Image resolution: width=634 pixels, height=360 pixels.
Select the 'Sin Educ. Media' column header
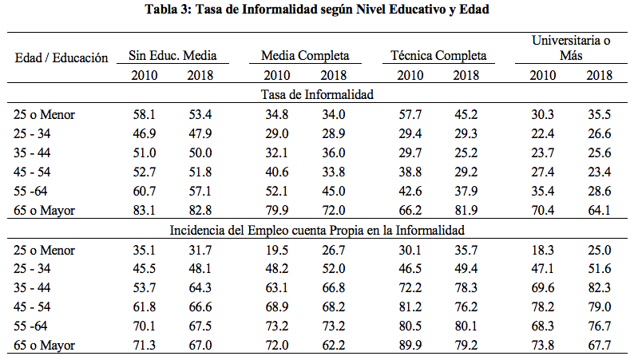point(172,55)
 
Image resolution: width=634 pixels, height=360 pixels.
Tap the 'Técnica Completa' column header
point(438,55)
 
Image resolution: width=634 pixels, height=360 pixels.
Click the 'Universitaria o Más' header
point(571,48)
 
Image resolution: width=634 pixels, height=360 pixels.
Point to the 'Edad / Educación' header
point(61,57)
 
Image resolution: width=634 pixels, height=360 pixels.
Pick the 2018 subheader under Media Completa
point(334,75)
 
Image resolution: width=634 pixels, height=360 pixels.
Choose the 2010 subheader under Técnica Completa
point(410,75)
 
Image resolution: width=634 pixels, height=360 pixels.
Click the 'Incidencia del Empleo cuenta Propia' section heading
point(317,231)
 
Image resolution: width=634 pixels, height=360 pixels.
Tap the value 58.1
point(145,114)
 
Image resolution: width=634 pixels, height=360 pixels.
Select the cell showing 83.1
point(145,210)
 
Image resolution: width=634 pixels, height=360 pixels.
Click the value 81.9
point(466,210)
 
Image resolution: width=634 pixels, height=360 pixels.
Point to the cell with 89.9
point(410,345)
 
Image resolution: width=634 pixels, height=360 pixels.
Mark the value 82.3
point(599,287)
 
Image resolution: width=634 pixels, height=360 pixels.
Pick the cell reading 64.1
point(599,210)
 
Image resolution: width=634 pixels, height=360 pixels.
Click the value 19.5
point(277,250)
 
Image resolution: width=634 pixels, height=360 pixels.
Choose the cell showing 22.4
point(543,133)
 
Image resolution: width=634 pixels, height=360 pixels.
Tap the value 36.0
point(334,152)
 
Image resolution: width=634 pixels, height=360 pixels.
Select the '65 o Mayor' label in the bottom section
point(44,346)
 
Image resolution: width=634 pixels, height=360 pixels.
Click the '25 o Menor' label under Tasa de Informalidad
point(44,114)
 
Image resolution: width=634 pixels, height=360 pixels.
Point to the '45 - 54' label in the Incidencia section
point(32,307)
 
